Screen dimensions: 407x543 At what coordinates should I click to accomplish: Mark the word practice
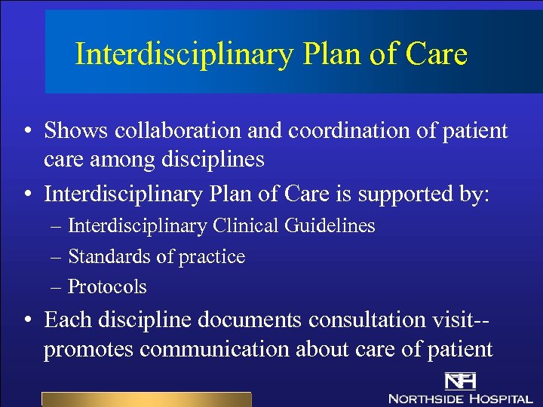(x=210, y=258)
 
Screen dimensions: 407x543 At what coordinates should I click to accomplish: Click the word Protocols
(x=107, y=287)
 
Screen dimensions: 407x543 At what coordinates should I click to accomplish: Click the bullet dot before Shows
(x=27, y=132)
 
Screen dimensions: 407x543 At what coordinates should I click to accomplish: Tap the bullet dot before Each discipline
(x=27, y=320)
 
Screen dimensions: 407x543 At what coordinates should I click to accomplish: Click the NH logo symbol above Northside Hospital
(x=458, y=381)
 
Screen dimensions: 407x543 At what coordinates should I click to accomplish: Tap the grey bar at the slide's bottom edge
(x=146, y=399)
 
